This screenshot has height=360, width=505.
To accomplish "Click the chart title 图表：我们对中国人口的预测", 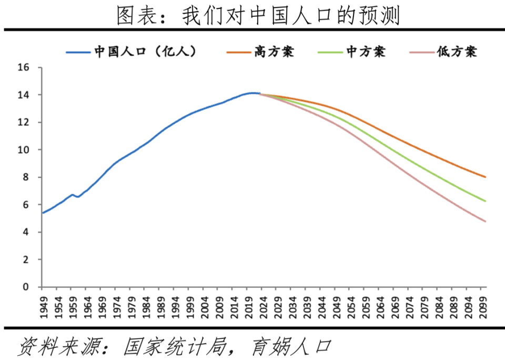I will [x=258, y=16].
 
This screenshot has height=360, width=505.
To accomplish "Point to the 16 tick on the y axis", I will [x=23, y=67].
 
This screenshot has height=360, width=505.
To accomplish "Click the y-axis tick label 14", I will [x=23, y=95].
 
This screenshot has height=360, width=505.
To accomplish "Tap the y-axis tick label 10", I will [x=23, y=150].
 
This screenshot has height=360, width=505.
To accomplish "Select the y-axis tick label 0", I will [x=25, y=287].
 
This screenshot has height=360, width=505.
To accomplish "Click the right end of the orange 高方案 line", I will [x=485, y=177].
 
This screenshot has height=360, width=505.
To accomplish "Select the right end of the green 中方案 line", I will [x=485, y=201].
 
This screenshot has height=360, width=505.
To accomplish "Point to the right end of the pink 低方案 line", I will [x=485, y=221].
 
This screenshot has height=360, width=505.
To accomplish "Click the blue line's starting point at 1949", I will [x=43, y=213].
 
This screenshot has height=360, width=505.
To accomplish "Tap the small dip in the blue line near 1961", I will [x=78, y=197].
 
